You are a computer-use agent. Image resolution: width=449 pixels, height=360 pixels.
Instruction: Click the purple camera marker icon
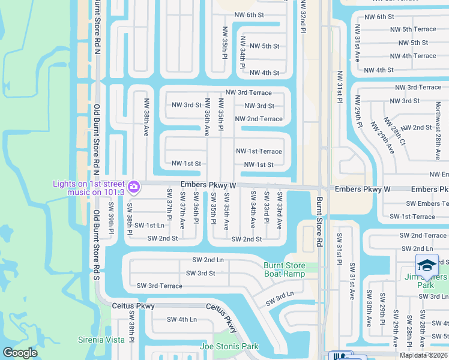tap(133, 187)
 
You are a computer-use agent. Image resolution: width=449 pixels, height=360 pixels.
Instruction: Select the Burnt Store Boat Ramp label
tap(285, 269)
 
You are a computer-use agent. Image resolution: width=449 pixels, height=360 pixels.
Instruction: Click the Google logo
tap(20, 353)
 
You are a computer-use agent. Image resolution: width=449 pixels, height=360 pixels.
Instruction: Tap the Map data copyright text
tap(423, 355)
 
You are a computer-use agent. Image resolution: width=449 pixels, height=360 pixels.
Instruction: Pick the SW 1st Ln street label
tap(149, 225)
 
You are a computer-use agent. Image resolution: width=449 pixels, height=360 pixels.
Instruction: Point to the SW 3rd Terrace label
tap(159, 286)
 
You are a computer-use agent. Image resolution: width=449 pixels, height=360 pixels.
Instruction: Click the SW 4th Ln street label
tap(181, 319)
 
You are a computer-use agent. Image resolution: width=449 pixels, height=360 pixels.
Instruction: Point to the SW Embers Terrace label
tap(418, 204)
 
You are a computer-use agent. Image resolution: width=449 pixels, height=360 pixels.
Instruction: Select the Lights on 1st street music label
tap(88, 188)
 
